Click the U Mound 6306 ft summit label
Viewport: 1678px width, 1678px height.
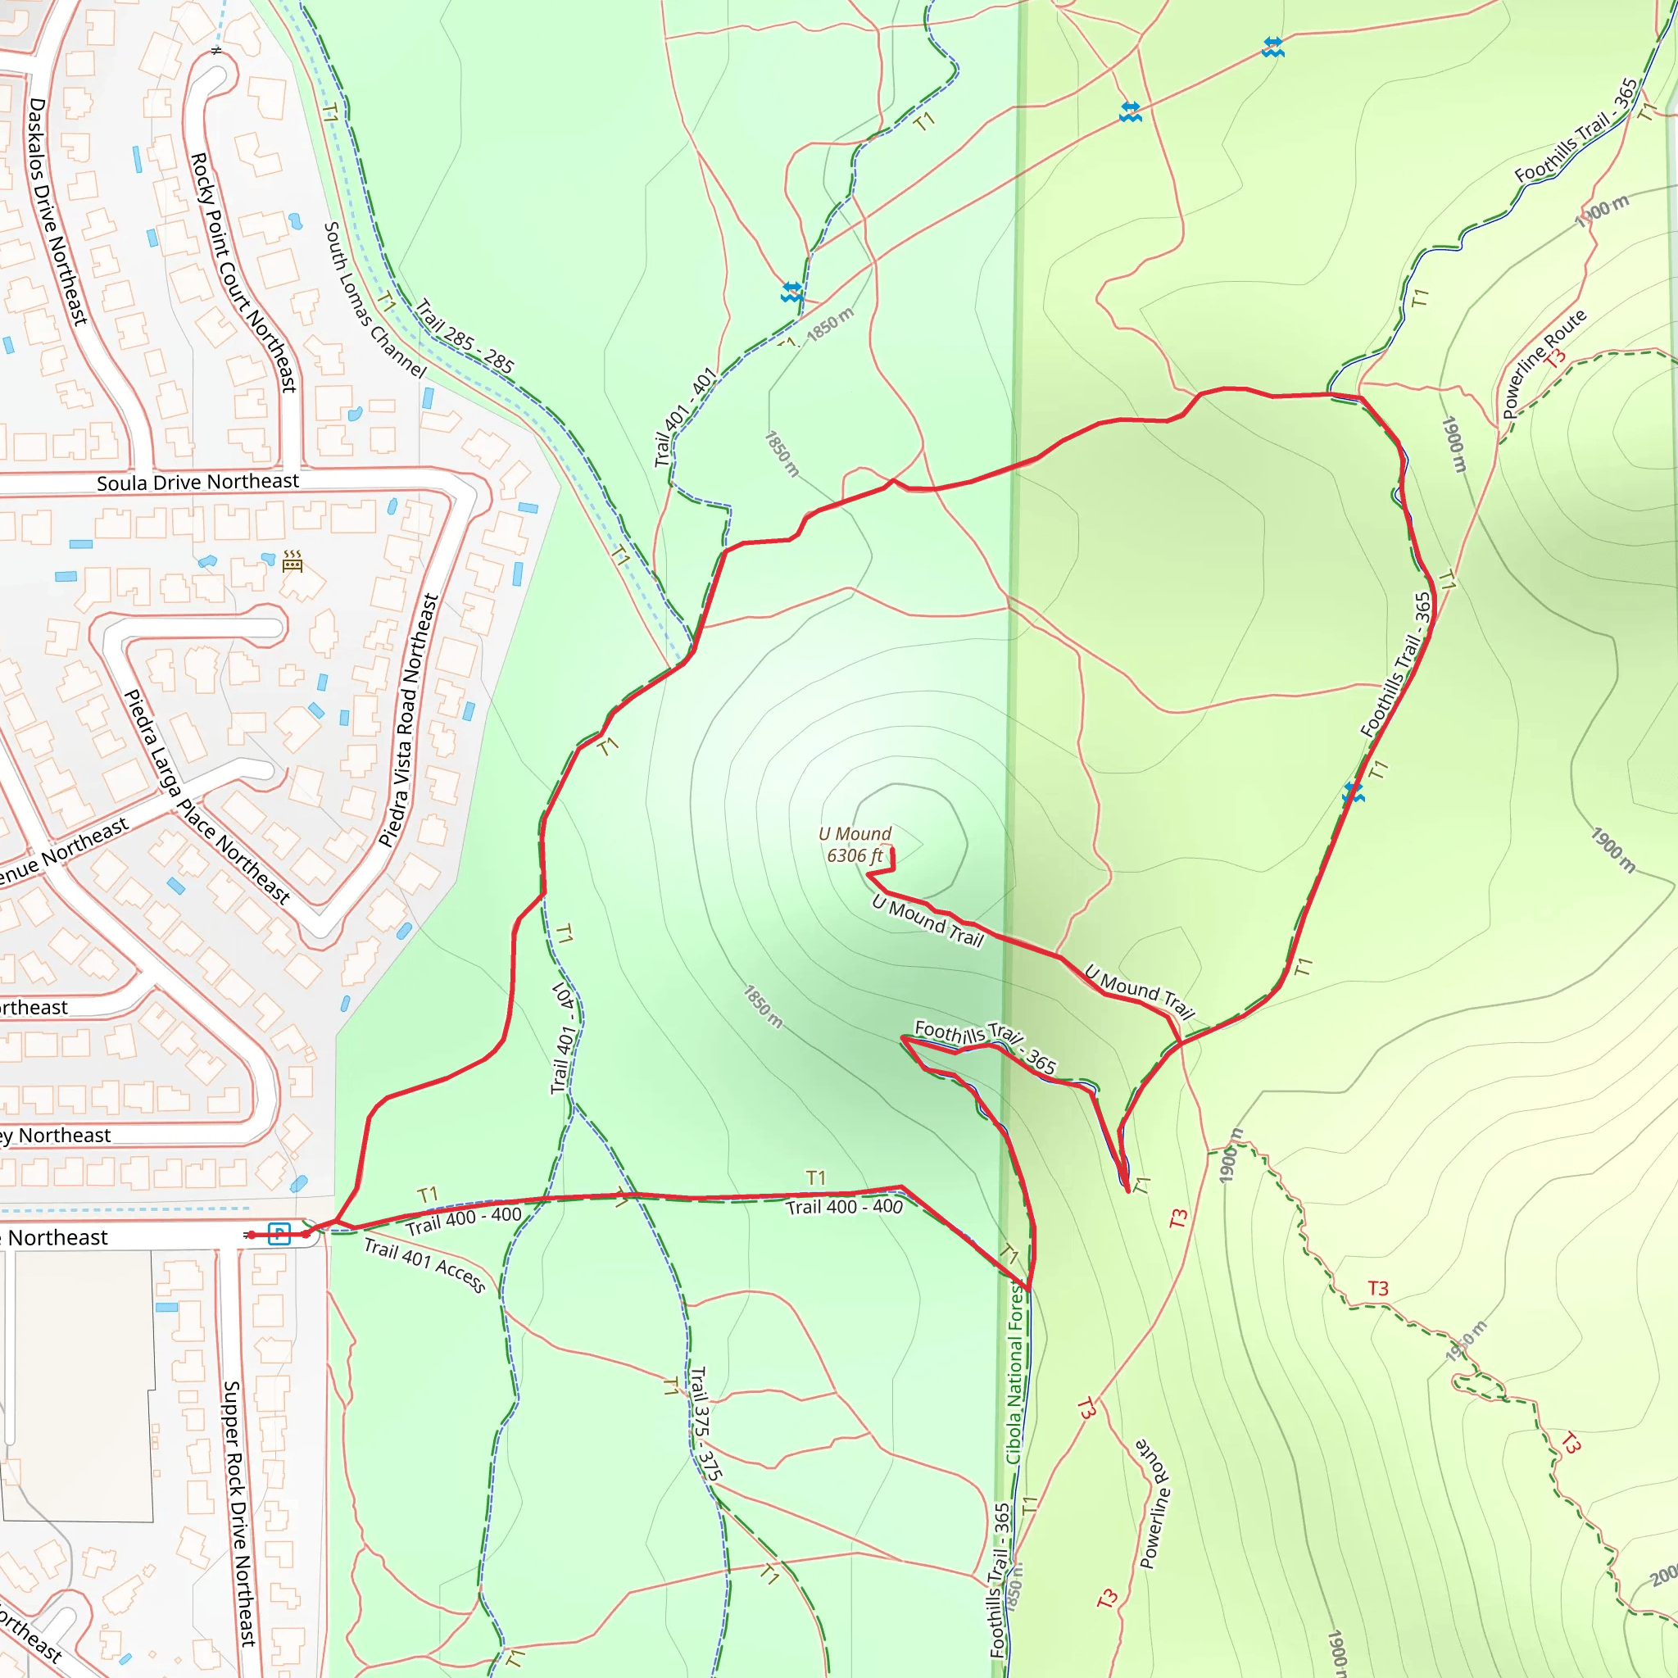point(855,844)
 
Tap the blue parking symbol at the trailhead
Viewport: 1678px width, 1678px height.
point(279,1233)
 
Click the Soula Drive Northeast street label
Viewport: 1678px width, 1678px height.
point(197,482)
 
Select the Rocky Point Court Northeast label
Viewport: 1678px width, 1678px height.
point(243,272)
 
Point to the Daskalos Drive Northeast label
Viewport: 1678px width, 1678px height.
point(57,211)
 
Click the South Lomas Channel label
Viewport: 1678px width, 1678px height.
point(374,300)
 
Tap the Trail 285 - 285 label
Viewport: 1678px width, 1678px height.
point(465,336)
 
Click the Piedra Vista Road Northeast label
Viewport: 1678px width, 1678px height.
point(409,720)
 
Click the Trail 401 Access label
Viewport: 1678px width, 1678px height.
point(424,1264)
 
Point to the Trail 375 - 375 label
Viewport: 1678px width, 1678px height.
point(705,1424)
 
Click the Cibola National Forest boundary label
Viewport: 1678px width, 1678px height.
point(1015,1372)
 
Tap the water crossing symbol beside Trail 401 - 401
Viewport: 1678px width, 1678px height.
point(791,292)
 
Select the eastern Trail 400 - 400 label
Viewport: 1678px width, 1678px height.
point(844,1206)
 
